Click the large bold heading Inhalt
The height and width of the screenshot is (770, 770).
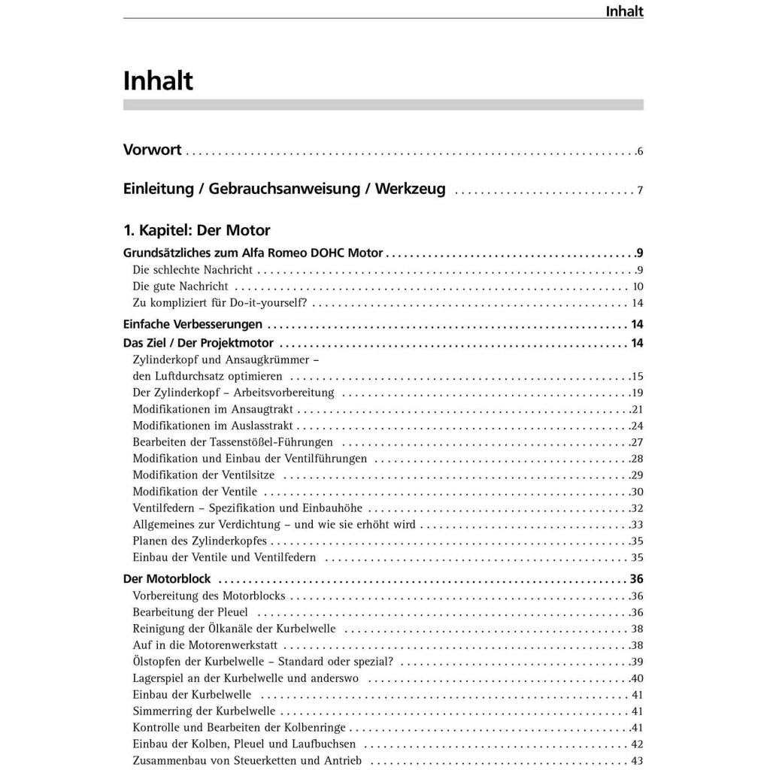pos(158,80)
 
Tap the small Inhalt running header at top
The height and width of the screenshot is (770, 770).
pos(624,11)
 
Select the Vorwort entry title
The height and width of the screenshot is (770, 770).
pos(152,150)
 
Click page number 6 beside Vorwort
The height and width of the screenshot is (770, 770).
pos(640,151)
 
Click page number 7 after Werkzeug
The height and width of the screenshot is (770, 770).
pos(640,190)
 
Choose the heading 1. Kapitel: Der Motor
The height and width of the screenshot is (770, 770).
pos(196,230)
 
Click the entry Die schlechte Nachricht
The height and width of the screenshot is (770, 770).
pos(192,270)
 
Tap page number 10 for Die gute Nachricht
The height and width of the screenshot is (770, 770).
pos(638,286)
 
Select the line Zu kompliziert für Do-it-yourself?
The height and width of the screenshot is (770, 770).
pos(220,303)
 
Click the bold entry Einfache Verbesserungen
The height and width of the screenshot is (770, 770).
pos(192,325)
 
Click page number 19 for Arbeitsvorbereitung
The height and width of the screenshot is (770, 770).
pos(638,393)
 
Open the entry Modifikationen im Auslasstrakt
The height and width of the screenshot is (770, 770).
pos(213,426)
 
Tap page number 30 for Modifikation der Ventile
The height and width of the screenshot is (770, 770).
pos(638,492)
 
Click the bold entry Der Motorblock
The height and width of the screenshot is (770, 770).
pos(167,579)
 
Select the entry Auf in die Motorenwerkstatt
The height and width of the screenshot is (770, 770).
pos(205,645)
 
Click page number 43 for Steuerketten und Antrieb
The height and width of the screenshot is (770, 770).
pos(638,761)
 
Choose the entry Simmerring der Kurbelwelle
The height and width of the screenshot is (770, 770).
pos(204,711)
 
